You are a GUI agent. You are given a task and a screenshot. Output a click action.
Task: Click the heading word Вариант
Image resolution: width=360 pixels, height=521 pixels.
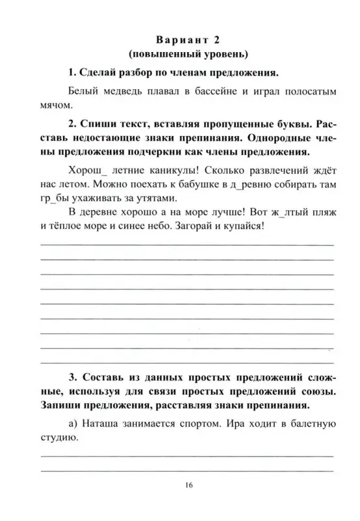[x=169, y=38]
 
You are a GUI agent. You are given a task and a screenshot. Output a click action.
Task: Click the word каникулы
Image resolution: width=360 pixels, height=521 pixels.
[x=163, y=170]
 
